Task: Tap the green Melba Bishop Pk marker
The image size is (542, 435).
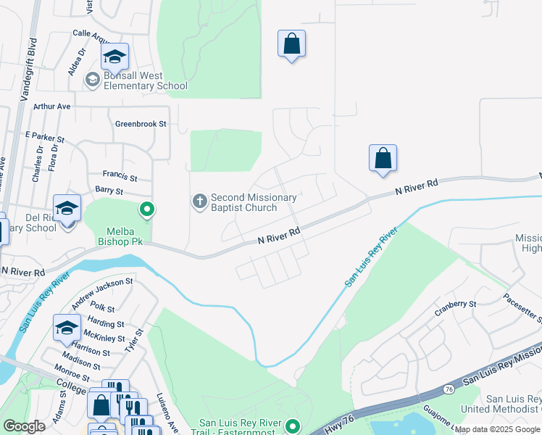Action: click(147, 211)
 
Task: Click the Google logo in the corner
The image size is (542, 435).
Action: click(24, 426)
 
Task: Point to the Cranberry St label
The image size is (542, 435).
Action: click(455, 304)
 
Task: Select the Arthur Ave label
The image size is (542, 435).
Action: click(51, 106)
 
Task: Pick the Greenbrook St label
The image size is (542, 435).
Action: click(141, 124)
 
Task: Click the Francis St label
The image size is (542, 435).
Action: click(120, 176)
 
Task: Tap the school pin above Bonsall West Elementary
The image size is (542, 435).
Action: click(114, 57)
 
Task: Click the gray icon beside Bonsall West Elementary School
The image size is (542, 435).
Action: click(92, 80)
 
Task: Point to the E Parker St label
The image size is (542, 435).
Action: click(45, 136)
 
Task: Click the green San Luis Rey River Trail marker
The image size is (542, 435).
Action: click(293, 426)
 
